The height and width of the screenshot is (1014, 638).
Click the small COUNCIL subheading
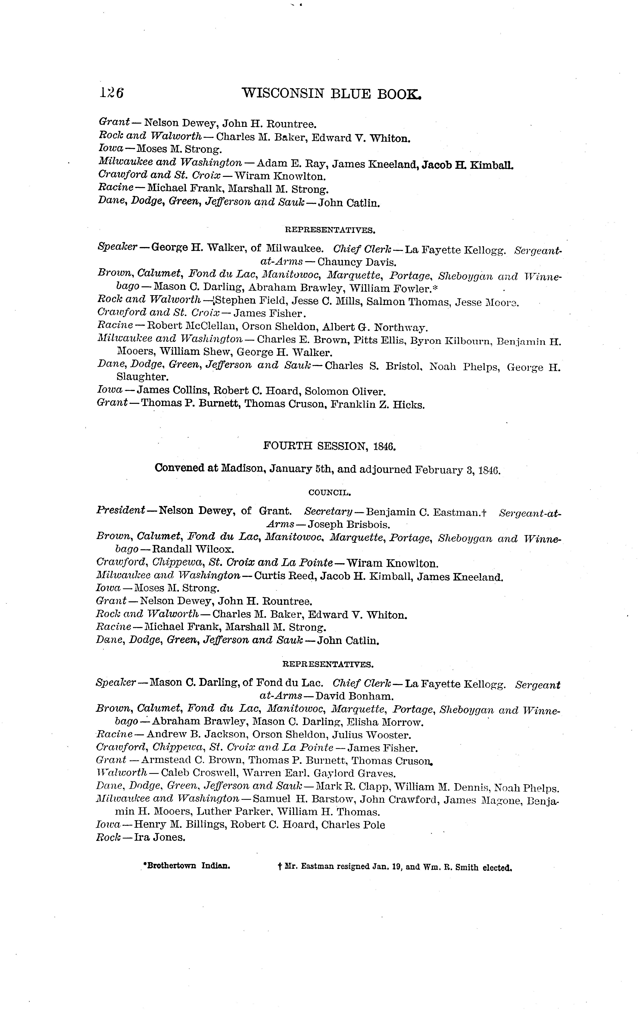(x=330, y=492)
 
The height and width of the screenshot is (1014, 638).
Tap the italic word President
(x=121, y=510)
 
